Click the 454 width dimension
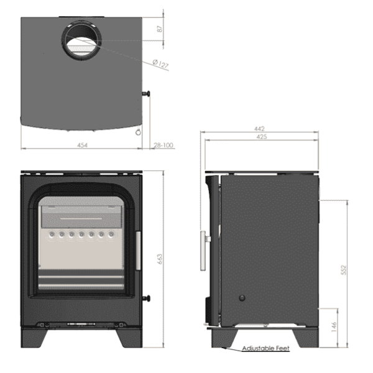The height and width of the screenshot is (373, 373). (x=82, y=145)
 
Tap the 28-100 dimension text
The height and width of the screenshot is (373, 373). (x=163, y=145)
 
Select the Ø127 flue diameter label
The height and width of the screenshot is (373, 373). (x=160, y=64)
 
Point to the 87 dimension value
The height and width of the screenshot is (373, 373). (x=160, y=29)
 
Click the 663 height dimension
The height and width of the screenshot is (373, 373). (x=160, y=259)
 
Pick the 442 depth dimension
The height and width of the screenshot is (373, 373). (x=259, y=129)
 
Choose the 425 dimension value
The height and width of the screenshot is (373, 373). (x=262, y=137)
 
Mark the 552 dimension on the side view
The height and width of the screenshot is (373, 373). (x=344, y=270)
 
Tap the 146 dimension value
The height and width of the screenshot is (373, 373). (x=334, y=327)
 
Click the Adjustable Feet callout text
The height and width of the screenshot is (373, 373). (x=265, y=348)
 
